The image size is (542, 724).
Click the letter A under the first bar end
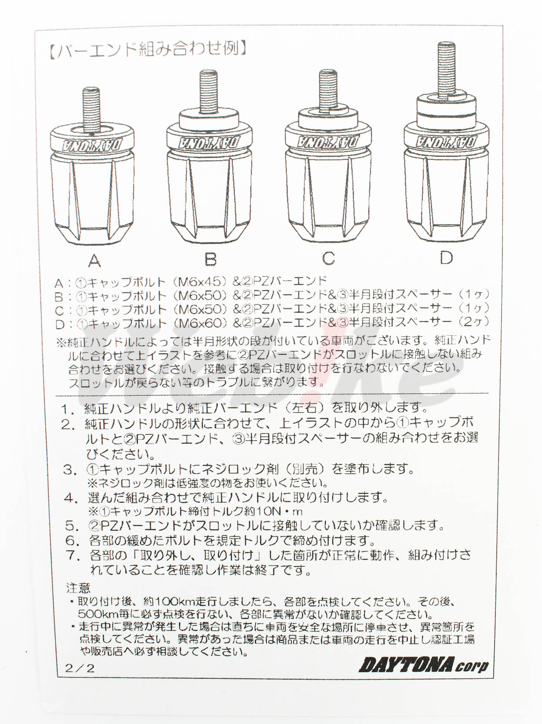point(95,261)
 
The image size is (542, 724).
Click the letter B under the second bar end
point(211,259)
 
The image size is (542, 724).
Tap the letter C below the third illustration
point(328,258)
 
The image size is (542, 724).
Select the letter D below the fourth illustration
point(446,257)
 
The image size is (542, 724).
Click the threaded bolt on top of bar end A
point(91,108)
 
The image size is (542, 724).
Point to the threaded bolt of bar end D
point(446,68)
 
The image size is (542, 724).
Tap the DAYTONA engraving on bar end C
point(328,142)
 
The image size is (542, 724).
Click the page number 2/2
point(80,668)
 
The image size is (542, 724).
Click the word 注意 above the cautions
point(78,587)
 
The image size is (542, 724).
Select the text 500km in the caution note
point(97,614)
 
